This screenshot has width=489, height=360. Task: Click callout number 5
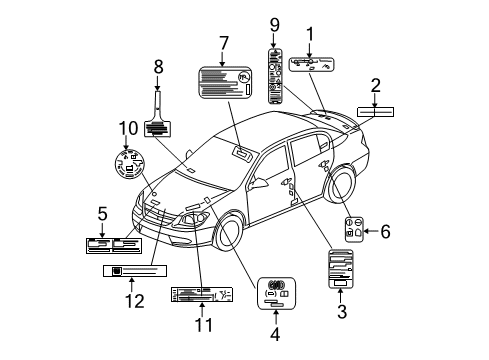102,212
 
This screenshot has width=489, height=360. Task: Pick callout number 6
384,232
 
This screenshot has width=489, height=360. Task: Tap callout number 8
157,68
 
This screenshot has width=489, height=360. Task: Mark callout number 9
274,23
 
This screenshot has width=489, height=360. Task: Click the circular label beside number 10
127,162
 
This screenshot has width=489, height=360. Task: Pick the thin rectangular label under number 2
376,112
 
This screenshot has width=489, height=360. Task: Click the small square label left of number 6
352,228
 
